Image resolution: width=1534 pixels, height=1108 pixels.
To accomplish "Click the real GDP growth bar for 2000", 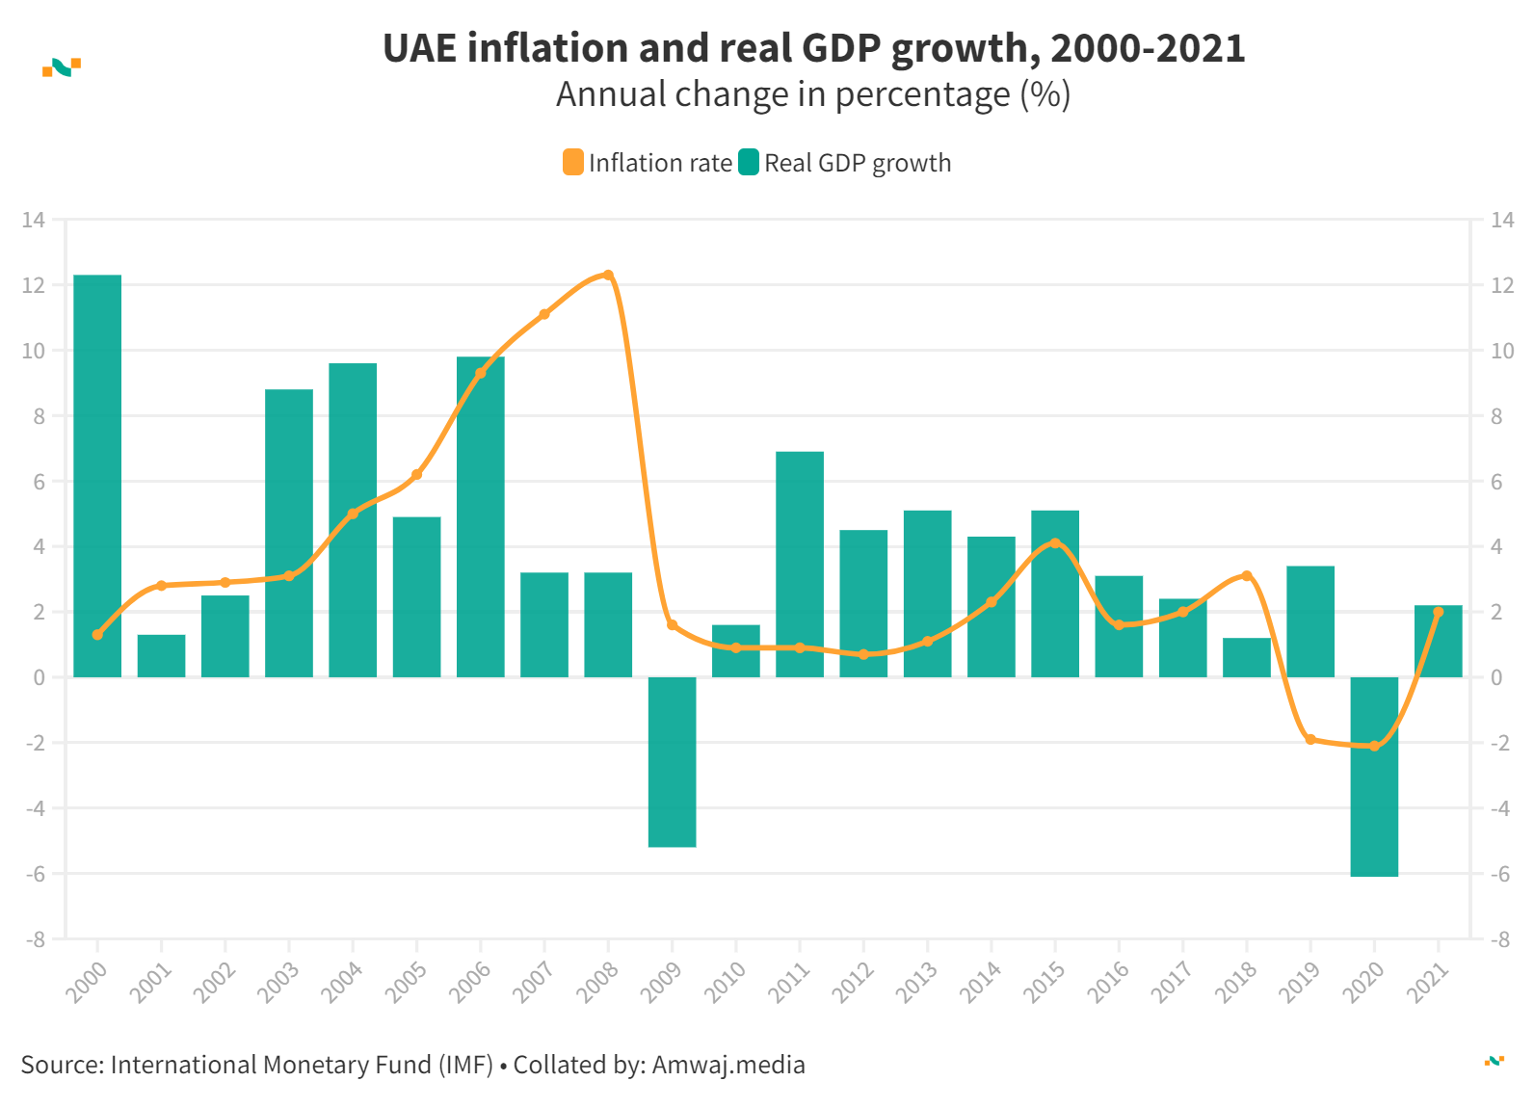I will (97, 476).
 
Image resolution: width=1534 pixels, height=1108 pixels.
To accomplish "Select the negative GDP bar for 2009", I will (672, 762).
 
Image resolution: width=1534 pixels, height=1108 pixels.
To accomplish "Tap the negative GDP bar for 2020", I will (1374, 777).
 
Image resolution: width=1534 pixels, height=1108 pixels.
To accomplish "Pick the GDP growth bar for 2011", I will (800, 564).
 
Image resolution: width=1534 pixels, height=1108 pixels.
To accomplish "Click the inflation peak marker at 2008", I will (608, 276).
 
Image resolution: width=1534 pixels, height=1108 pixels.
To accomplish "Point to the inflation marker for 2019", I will (1310, 740).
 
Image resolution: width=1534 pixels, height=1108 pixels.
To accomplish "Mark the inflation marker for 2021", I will (1439, 612).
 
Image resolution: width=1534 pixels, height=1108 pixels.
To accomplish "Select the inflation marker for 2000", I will (97, 635).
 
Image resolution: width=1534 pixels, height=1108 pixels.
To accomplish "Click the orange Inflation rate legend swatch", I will (573, 163).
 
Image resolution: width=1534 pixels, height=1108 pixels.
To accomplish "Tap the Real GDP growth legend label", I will (858, 163).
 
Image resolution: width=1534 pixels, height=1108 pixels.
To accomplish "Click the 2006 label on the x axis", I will (470, 982).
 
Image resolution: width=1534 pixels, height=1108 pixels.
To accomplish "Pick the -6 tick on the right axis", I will (1499, 874).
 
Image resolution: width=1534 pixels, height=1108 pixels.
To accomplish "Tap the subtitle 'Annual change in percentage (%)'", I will (813, 94).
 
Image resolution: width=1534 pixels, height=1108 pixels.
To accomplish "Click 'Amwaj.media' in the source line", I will (728, 1065).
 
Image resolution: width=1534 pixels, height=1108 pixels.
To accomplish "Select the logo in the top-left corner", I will (62, 67).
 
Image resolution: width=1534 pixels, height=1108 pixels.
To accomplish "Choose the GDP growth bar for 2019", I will (1310, 621).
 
